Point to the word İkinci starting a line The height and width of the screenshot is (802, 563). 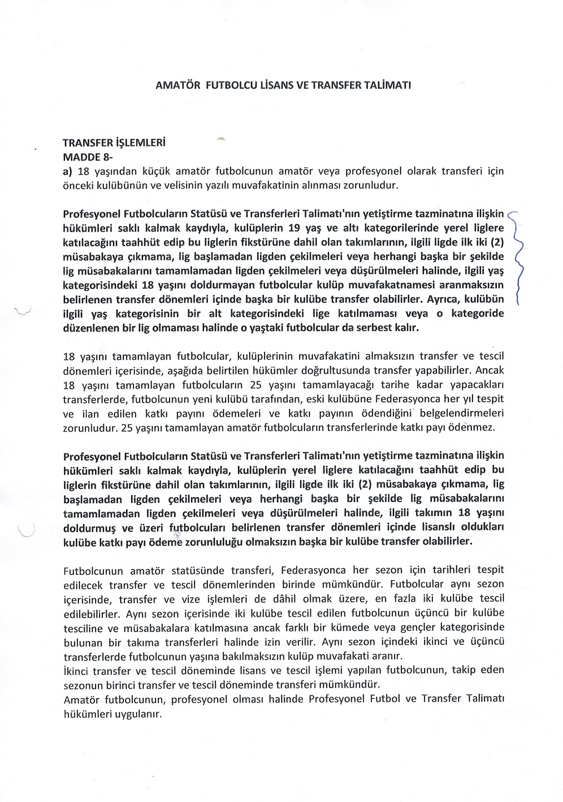[78, 671]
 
